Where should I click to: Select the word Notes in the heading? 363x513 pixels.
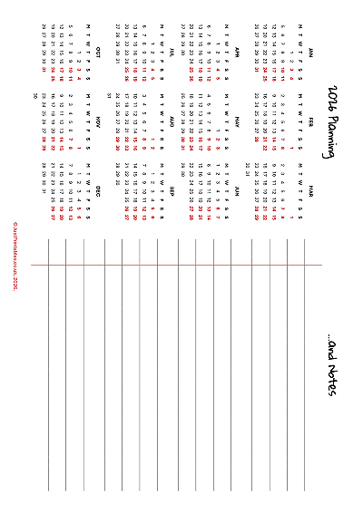point(330,379)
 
